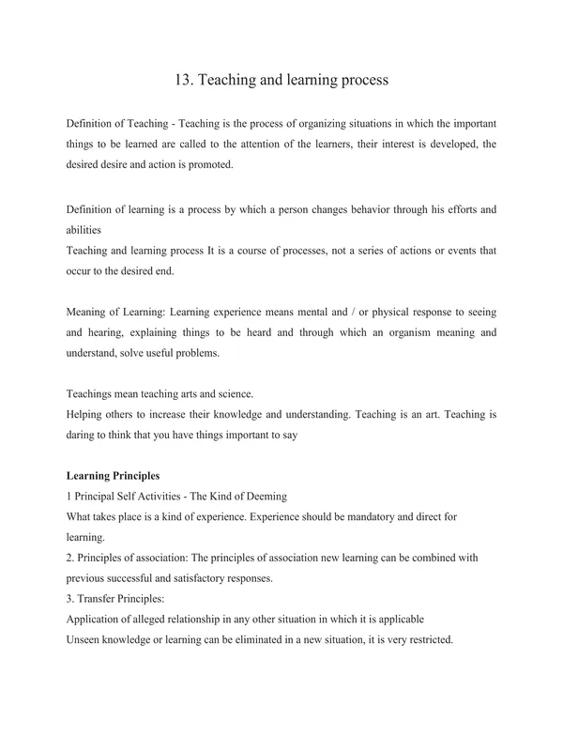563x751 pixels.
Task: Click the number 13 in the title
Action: click(183, 80)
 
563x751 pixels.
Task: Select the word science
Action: click(235, 393)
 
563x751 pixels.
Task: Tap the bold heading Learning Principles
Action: click(114, 475)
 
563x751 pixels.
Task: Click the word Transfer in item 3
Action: click(99, 599)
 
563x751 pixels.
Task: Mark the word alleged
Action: click(161, 620)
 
